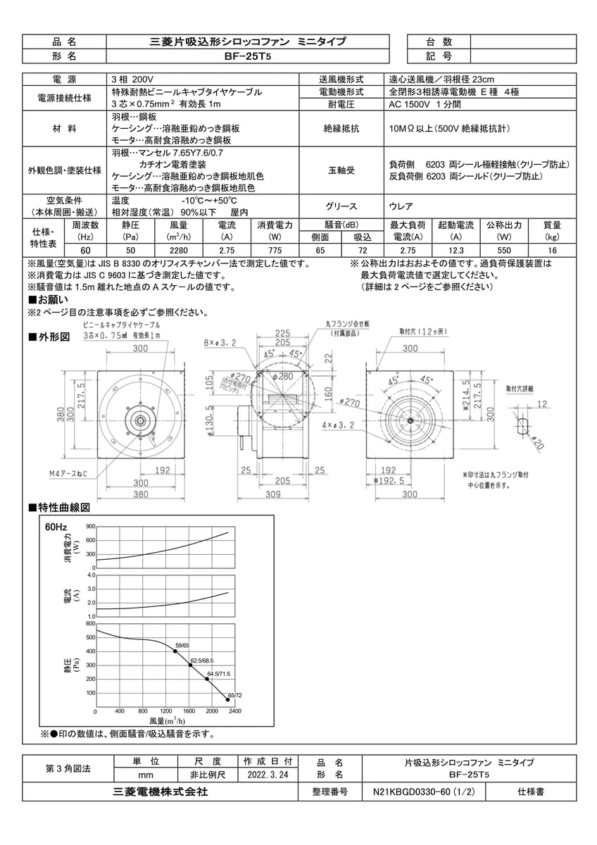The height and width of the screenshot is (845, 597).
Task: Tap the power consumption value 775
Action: [x=270, y=251]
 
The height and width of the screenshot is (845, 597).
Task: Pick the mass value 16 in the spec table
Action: [x=552, y=251]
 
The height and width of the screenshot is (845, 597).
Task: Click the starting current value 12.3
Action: [x=455, y=251]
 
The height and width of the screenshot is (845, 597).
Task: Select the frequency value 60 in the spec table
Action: [x=85, y=251]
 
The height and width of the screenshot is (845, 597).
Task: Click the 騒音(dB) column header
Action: [x=341, y=225]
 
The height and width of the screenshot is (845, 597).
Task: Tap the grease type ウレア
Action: [x=401, y=207]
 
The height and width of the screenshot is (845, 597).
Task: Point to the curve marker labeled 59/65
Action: [x=175, y=651]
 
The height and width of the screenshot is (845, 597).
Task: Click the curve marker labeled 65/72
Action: [x=228, y=700]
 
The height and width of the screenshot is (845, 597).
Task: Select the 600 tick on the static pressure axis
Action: [x=90, y=623]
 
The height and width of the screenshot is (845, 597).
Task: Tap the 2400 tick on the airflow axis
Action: [x=234, y=711]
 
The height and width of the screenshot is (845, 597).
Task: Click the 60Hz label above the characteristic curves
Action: [x=56, y=526]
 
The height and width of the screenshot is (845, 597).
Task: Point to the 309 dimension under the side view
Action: [x=282, y=494]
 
